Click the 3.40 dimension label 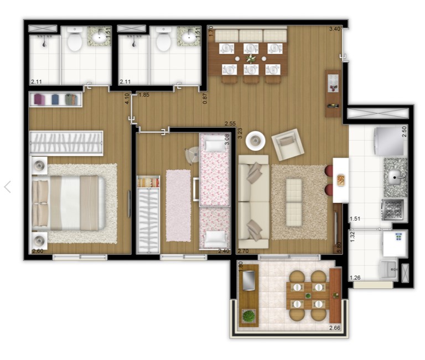[334, 29]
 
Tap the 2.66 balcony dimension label [334, 328]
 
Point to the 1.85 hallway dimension [144, 95]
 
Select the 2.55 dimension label [230, 123]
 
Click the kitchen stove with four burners [393, 210]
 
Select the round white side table [255, 140]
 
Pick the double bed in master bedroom [68, 203]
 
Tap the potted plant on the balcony [248, 316]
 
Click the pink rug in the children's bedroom [178, 205]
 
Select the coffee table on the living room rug [294, 202]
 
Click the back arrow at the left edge [8, 187]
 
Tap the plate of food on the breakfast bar [341, 180]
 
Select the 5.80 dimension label [339, 247]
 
